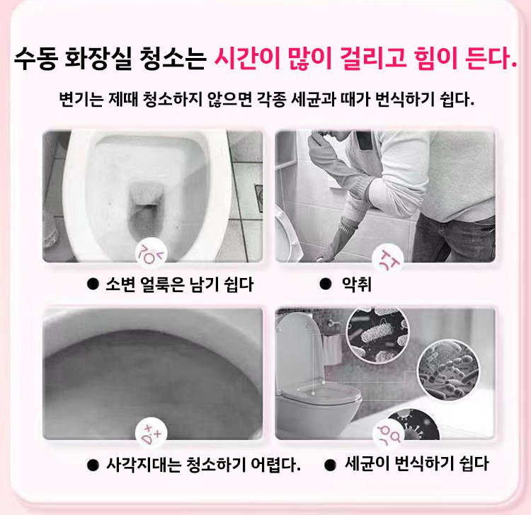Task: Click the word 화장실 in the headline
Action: coord(98,59)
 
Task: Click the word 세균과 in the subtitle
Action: coord(314,99)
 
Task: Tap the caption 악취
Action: coord(357,284)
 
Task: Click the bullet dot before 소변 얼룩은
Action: coord(93,284)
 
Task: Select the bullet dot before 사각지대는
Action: coord(93,465)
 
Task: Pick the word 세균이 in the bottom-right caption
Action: coord(367,463)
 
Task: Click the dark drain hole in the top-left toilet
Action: coord(147,216)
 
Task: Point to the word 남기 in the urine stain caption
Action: coord(205,284)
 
